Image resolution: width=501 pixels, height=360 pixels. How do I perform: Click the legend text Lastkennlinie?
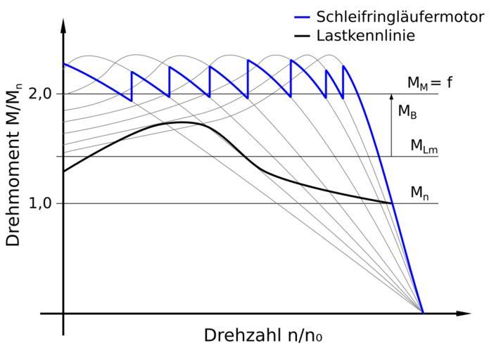pyautogui.click(x=365, y=35)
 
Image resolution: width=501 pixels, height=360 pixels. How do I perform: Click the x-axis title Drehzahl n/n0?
pyautogui.click(x=264, y=335)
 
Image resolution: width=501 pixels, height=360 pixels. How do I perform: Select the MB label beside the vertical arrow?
pyautogui.click(x=407, y=111)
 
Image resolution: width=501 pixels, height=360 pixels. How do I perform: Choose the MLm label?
pyautogui.click(x=425, y=146)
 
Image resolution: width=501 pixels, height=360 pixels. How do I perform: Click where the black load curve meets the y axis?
pyautogui.click(x=63, y=171)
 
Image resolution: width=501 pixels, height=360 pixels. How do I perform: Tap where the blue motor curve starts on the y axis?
pyautogui.click(x=63, y=63)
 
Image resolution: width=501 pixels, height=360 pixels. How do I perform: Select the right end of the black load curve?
pyautogui.click(x=392, y=202)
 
